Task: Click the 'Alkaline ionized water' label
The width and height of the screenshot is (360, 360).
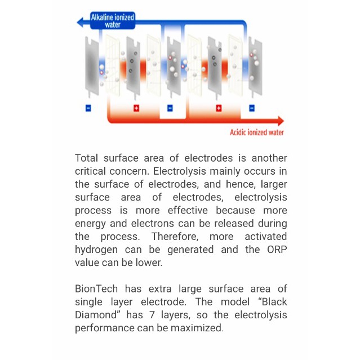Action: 113,21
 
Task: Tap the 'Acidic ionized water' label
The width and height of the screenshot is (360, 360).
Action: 257,132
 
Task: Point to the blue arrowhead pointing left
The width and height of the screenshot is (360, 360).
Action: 81,21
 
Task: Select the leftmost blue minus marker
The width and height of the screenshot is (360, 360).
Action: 88,108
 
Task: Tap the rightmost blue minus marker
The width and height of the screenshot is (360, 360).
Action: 251,108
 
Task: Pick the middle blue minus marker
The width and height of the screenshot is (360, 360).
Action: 170,108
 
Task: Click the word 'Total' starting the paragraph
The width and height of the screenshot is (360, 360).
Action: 86,158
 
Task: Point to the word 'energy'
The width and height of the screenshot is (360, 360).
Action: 90,223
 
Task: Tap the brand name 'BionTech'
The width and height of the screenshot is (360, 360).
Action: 96,288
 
